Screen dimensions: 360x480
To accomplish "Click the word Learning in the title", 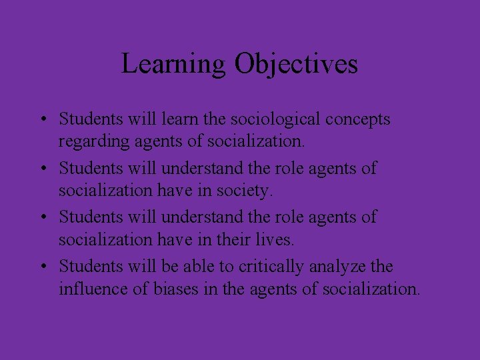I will [173, 64].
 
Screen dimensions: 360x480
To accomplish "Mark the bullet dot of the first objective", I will [42, 121].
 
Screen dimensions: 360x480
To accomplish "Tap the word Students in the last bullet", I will [91, 266].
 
